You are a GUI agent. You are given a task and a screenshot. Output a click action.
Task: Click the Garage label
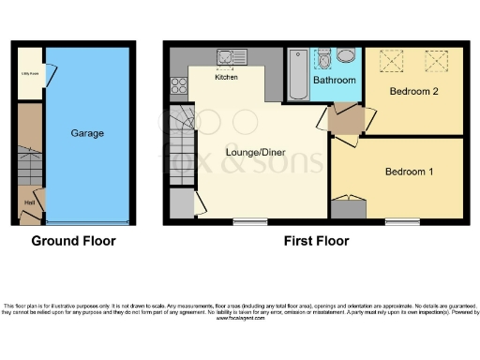coord(87,133)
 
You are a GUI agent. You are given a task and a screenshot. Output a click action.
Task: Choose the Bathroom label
coord(335,81)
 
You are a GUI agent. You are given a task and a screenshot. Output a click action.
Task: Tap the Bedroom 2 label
coord(414,92)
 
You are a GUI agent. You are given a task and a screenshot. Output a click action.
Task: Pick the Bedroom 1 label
coord(410,172)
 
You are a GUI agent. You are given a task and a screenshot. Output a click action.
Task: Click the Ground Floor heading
coord(74,241)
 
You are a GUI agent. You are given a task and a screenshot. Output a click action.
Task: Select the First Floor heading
coord(316,241)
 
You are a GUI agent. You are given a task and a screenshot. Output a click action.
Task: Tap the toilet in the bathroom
coord(323,61)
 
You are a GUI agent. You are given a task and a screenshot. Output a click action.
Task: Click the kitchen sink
coord(230,57)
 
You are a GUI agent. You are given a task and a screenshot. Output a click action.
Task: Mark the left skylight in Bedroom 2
coord(387,61)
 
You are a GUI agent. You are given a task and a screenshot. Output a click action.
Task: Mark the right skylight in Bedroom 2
coord(436,61)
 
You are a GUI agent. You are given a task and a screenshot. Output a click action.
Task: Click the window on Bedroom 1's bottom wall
coord(401,221)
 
